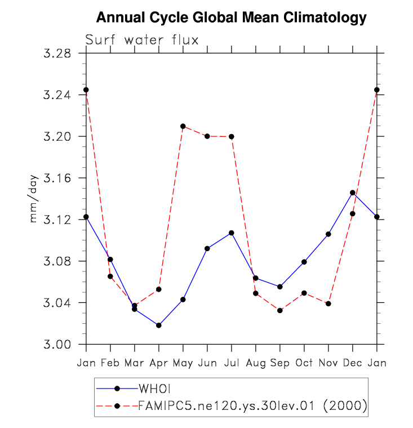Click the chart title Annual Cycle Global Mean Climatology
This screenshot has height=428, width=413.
click(231, 18)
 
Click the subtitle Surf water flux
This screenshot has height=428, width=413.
click(141, 40)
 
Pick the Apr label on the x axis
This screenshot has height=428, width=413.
click(159, 363)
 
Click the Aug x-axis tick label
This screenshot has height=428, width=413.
click(256, 363)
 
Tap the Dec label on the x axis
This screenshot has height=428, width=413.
click(353, 363)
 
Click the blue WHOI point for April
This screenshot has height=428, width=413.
click(159, 326)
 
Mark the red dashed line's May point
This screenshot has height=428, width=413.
click(183, 126)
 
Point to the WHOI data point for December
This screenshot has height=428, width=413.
click(353, 193)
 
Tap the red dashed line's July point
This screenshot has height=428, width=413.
click(232, 136)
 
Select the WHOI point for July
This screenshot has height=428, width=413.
click(232, 233)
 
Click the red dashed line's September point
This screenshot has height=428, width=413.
click(280, 310)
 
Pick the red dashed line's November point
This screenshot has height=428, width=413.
click(328, 304)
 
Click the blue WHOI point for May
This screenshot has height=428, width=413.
click(183, 300)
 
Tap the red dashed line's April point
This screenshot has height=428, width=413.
click(159, 289)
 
